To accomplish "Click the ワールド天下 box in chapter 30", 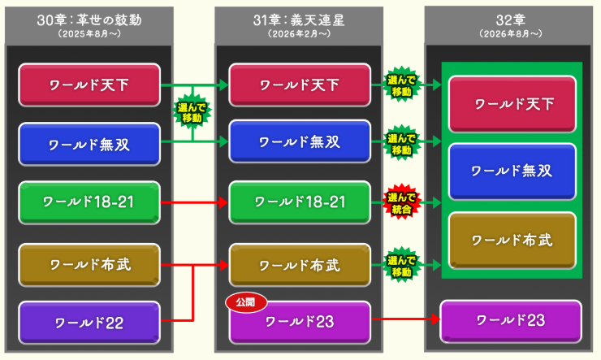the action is [89, 85].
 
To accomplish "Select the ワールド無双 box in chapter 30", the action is [89, 144].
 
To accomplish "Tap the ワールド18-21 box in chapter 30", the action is [89, 202].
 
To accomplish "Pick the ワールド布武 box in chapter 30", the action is [89, 263].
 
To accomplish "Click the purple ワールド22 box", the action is [89, 322].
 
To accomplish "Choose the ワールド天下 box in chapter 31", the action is [300, 85].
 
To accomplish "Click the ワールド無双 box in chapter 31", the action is [300, 142].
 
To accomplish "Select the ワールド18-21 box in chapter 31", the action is [300, 202].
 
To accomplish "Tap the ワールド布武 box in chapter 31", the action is [300, 264].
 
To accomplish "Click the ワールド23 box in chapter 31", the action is [300, 322].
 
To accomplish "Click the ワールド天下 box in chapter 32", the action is [512, 104].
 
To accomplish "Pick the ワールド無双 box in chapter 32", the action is [512, 171].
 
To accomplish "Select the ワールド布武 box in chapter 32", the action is [512, 241].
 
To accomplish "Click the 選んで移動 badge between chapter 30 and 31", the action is [192, 113].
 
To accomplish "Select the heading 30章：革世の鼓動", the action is [89, 20].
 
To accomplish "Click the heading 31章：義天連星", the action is [300, 20].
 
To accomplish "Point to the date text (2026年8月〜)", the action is [510, 33].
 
